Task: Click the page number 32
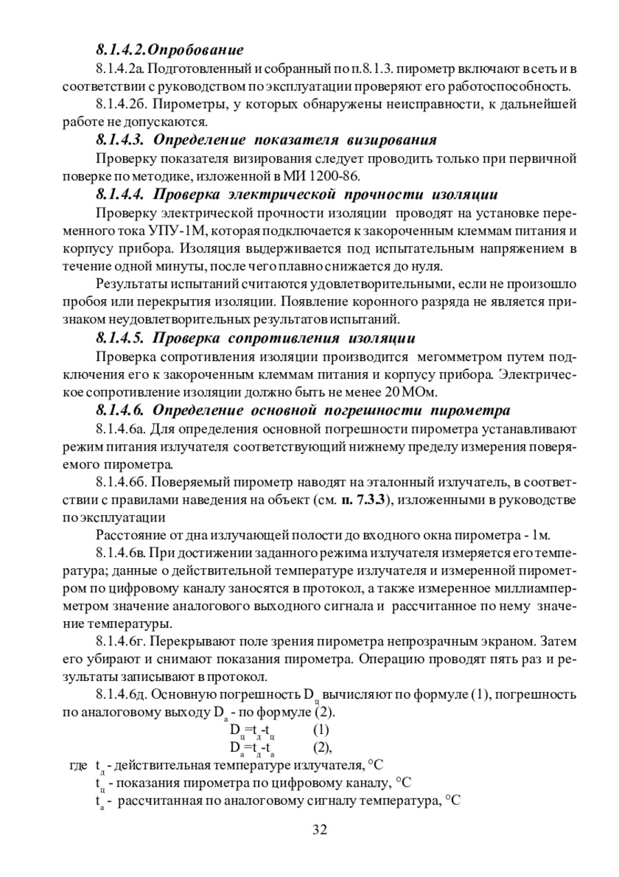point(319,829)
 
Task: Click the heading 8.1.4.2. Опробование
point(170,50)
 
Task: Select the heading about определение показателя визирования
point(266,140)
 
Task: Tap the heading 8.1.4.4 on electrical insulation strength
point(296,194)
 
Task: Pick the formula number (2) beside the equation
point(323,746)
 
